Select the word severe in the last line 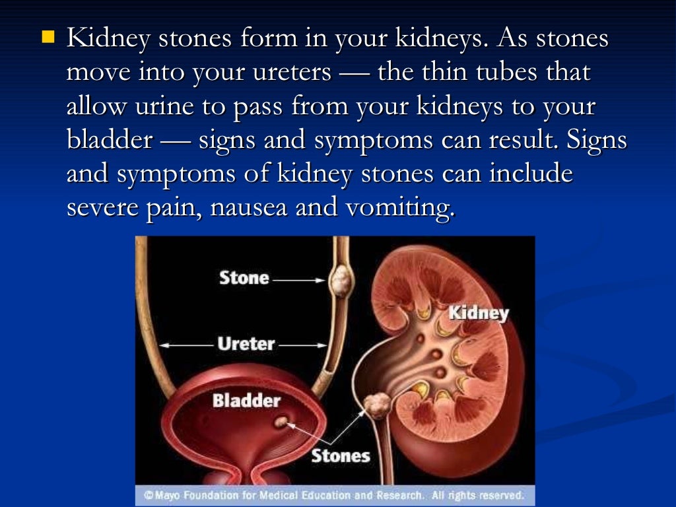pos(102,208)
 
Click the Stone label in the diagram pos(244,278)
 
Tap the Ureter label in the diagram pos(246,344)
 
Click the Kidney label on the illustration pos(479,313)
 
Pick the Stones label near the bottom pos(340,456)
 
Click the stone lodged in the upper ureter pos(341,280)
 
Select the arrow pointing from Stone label pos(299,280)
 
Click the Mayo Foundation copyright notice pos(334,495)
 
